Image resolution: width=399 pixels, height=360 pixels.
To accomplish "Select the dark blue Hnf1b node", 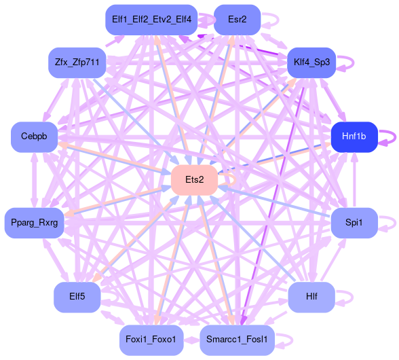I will tap(354, 137).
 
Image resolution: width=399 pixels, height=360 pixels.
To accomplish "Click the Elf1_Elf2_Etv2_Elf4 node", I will tap(151, 20).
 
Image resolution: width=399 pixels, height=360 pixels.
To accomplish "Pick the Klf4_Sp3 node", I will tap(311, 62).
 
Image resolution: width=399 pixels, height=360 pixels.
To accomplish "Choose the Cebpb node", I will tap(34, 137).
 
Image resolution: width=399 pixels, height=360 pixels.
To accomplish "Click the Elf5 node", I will tap(77, 297).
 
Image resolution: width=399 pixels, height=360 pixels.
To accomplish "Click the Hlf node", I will tap(311, 297).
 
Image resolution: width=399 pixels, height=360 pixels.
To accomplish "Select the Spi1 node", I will tap(354, 222).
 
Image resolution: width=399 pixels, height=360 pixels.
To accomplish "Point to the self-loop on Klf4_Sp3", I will tap(346, 62).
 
